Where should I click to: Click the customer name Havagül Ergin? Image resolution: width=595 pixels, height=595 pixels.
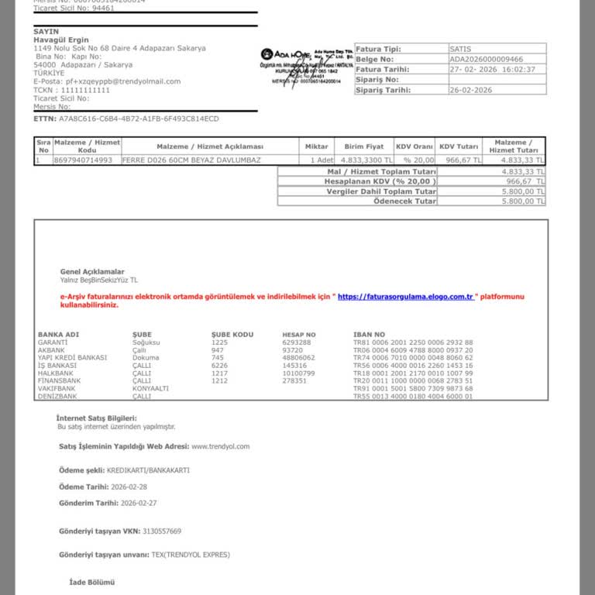click(61, 40)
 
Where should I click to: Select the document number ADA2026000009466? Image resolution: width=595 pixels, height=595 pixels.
click(487, 59)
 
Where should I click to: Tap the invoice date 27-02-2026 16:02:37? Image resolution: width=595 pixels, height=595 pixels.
click(492, 69)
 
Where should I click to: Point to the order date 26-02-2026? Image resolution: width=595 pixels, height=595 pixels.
click(471, 90)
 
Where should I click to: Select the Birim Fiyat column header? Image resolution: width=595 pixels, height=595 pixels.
click(363, 146)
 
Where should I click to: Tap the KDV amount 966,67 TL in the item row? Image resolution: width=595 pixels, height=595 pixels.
click(459, 160)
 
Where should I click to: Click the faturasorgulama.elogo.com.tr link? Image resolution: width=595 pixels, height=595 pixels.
click(406, 297)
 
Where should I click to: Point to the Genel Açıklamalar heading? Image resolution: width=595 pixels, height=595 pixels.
click(92, 272)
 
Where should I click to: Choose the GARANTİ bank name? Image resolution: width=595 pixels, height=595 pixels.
click(53, 342)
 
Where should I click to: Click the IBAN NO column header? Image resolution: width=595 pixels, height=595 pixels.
click(369, 335)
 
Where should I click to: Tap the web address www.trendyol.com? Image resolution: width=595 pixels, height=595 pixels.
click(220, 446)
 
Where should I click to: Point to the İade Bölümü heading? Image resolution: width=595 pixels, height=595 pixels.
click(92, 581)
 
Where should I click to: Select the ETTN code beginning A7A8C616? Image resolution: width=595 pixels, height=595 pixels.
click(139, 119)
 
